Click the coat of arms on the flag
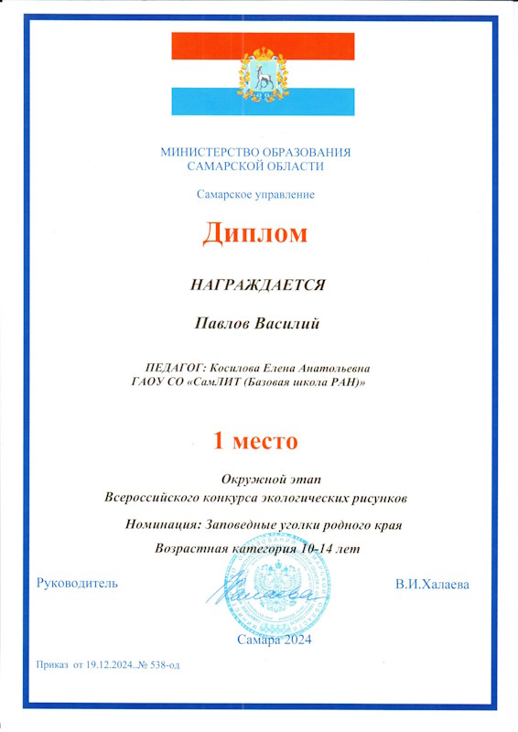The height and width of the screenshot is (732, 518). click(263, 73)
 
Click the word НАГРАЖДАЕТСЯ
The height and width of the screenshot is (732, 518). click(257, 285)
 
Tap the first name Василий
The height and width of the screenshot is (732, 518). click(291, 323)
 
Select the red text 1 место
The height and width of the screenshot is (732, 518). click(255, 440)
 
